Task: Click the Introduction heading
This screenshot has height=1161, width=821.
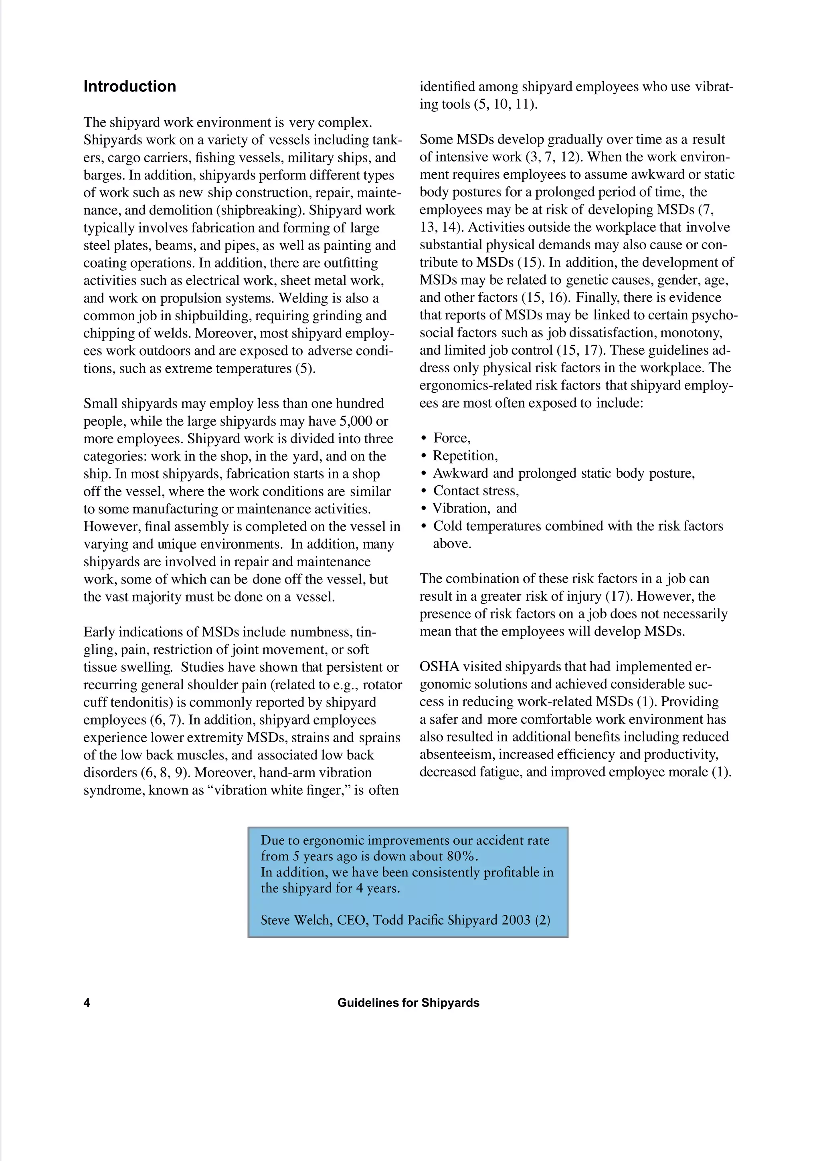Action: (x=129, y=87)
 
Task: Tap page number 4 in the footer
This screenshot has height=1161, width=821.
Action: (x=87, y=1003)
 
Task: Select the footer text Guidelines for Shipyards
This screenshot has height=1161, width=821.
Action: (x=408, y=1003)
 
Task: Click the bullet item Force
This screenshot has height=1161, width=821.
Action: (x=451, y=438)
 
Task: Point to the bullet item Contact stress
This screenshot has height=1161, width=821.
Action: (x=475, y=491)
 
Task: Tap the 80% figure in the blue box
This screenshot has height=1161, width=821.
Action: (x=461, y=856)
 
